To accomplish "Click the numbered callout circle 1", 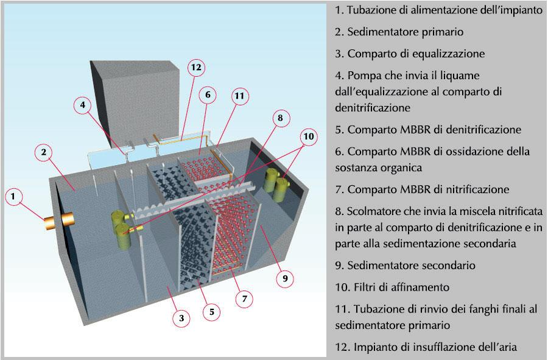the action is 14,196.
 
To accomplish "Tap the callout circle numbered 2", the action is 44,152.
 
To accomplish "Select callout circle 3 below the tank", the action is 181,318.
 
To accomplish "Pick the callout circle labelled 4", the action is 83,105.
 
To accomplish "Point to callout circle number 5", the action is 212,312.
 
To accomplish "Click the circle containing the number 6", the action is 208,94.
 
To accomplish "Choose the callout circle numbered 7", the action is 244,298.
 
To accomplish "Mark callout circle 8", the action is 280,118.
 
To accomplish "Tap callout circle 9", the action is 285,278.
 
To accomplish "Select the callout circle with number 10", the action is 309,136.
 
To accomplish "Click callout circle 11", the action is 240,96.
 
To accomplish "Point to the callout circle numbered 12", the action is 197,68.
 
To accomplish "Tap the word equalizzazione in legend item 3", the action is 451,54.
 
